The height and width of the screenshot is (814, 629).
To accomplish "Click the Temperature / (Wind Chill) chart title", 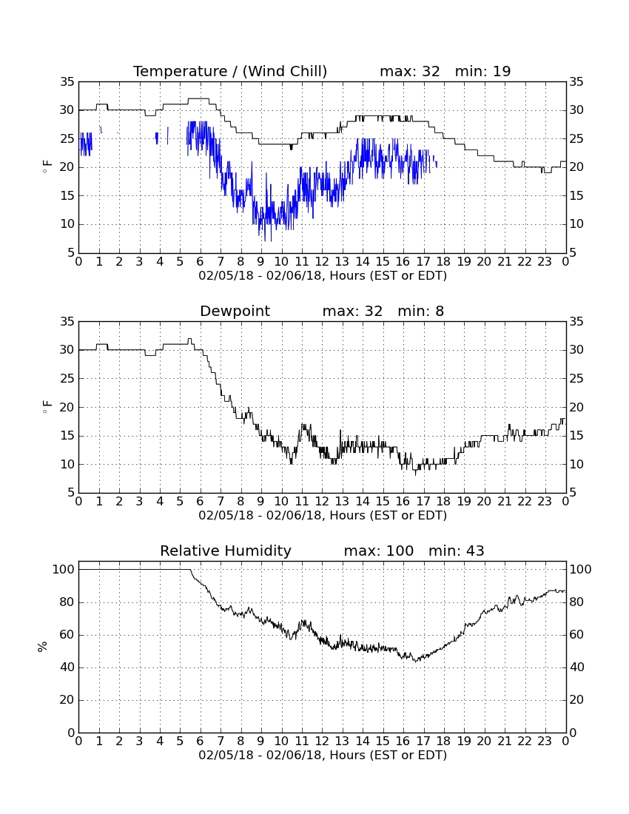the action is click(x=230, y=71).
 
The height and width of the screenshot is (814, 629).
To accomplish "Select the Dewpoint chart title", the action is click(x=235, y=311).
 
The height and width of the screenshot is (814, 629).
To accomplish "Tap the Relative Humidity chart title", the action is click(x=225, y=551).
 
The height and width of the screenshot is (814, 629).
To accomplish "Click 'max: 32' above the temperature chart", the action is click(x=409, y=71).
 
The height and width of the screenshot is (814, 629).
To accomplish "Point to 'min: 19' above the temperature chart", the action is click(x=482, y=71).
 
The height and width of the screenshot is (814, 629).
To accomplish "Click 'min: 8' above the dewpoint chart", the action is click(x=421, y=311).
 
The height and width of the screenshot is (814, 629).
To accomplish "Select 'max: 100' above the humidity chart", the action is click(x=378, y=551).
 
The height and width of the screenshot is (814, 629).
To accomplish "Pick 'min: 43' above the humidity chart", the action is click(x=456, y=551).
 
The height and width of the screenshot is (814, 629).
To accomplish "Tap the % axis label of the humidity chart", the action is click(x=43, y=646).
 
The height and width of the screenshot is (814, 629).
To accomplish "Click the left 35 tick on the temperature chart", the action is click(x=67, y=81).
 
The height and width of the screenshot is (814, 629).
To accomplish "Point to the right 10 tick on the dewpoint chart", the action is click(x=576, y=464).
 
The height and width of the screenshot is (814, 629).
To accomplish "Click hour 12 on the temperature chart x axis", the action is click(x=322, y=261).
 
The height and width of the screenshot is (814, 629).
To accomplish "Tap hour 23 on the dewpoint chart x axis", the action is click(x=545, y=501).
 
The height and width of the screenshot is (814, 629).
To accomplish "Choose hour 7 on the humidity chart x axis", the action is click(x=221, y=741).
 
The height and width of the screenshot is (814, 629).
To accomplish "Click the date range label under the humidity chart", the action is click(x=323, y=755).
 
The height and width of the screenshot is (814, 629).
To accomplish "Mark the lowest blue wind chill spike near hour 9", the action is click(x=265, y=240).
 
